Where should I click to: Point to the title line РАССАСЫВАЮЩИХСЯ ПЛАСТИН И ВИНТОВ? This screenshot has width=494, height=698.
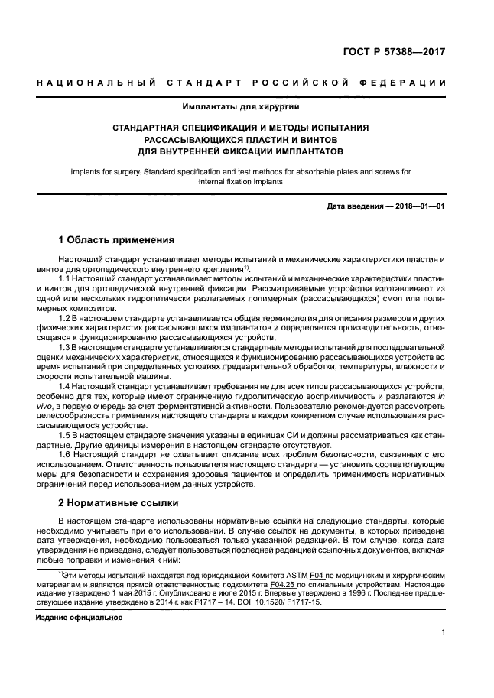pos(240,140)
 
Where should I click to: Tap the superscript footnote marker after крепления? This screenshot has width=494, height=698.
pos(247,267)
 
